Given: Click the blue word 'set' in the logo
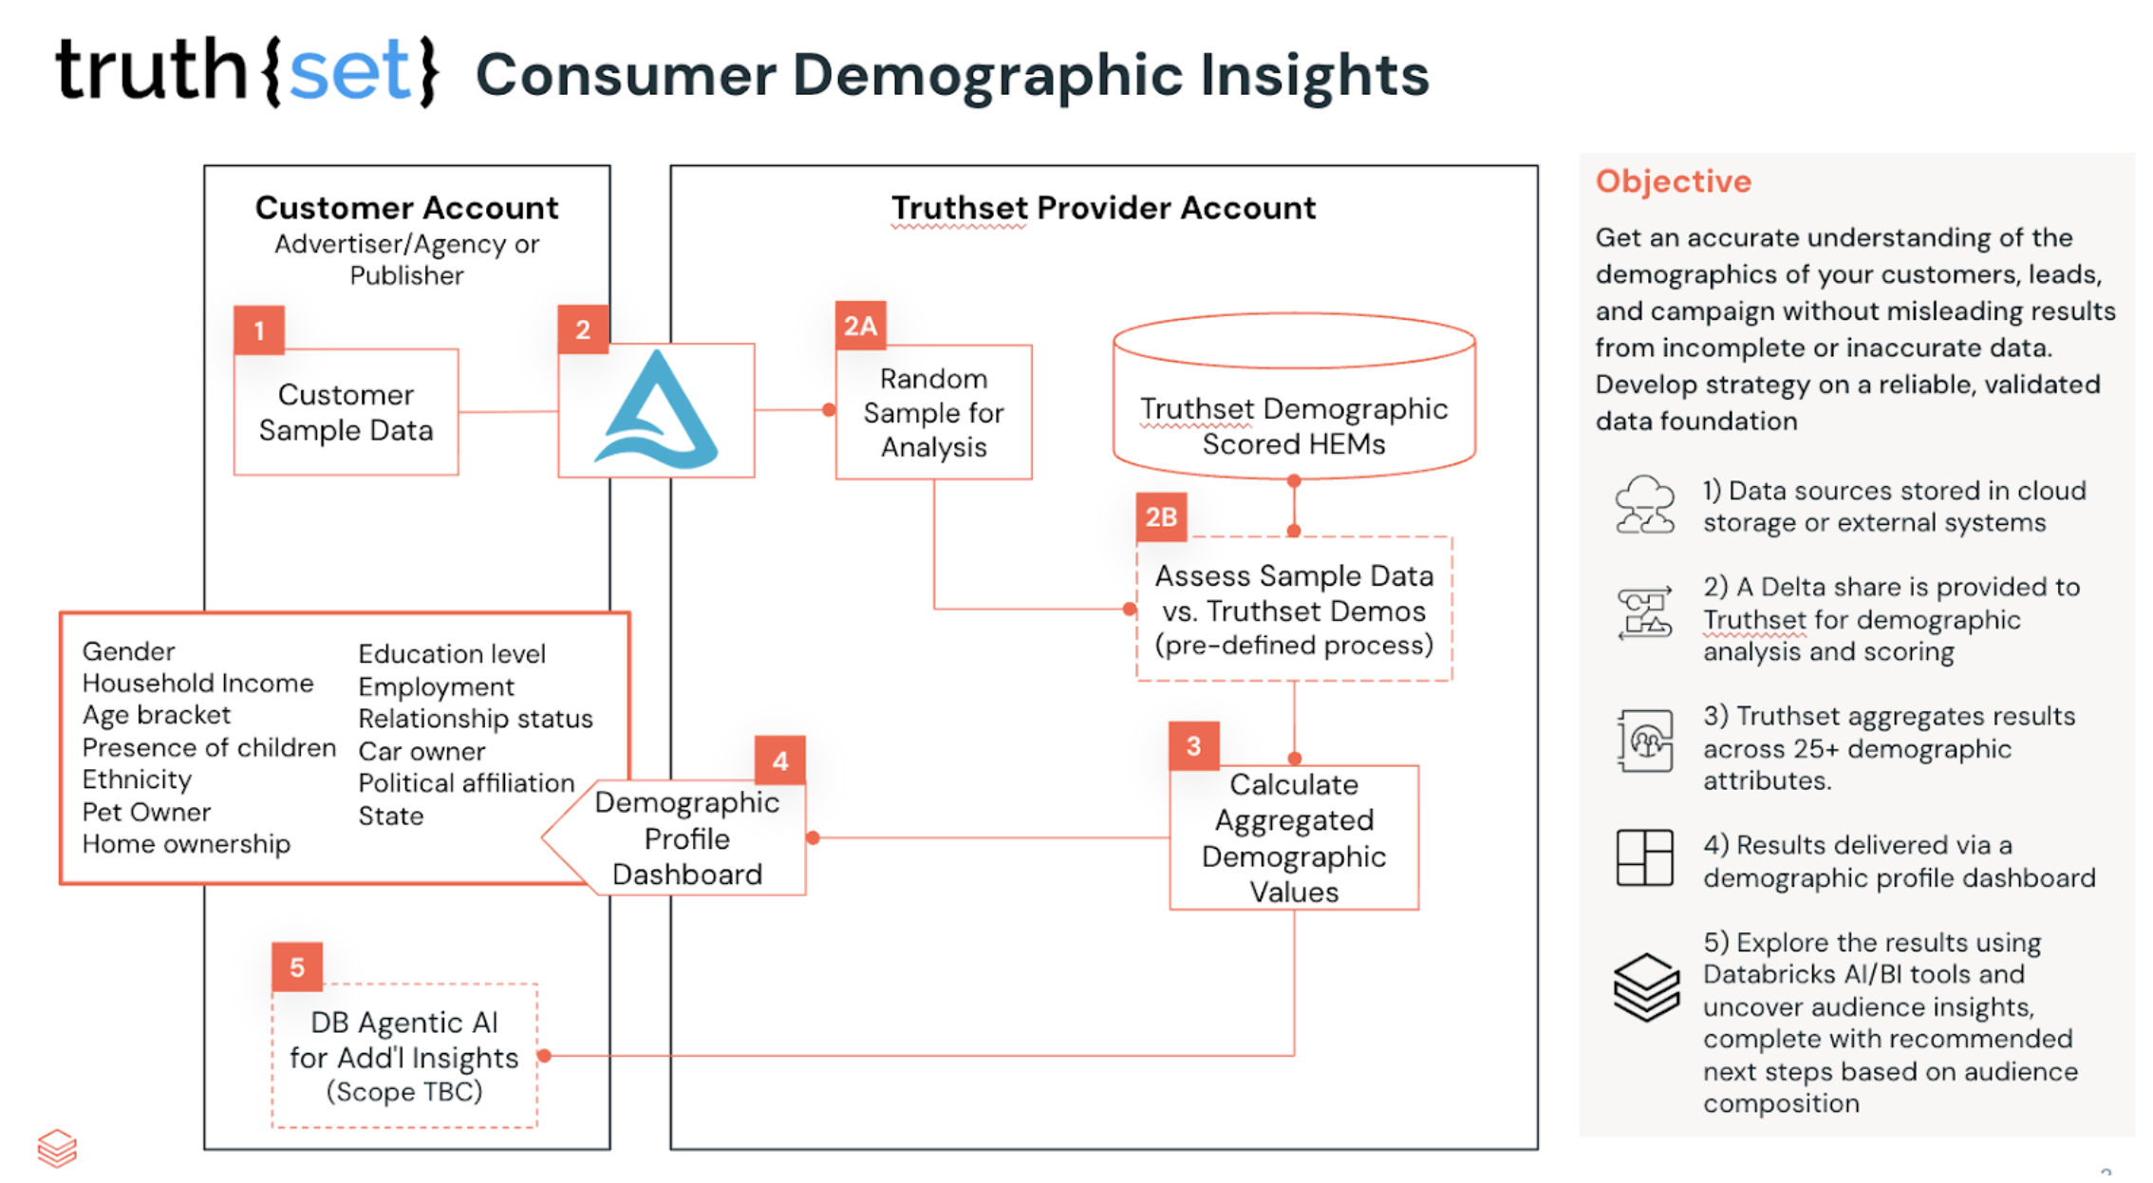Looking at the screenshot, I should pyautogui.click(x=348, y=71).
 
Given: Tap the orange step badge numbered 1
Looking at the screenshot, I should pyautogui.click(x=259, y=330).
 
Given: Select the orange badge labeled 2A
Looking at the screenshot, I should pyautogui.click(x=860, y=326).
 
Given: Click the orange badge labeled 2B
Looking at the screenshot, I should pyautogui.click(x=1161, y=516).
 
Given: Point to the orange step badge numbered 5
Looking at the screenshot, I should pyautogui.click(x=297, y=967).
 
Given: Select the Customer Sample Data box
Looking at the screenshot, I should pyautogui.click(x=346, y=412).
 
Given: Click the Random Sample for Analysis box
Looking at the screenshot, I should pyautogui.click(x=933, y=412).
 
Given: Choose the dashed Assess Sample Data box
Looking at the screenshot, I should pyautogui.click(x=1294, y=610).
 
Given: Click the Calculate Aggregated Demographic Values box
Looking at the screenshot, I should pyautogui.click(x=1294, y=837).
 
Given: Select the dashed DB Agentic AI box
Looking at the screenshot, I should pyautogui.click(x=404, y=1056).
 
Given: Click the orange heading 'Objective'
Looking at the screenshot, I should pyautogui.click(x=1673, y=180).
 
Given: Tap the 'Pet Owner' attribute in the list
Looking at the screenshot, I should pyautogui.click(x=146, y=812).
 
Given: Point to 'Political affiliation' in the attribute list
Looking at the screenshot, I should pyautogui.click(x=466, y=783).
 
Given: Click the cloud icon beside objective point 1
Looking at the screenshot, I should pyautogui.click(x=1644, y=505).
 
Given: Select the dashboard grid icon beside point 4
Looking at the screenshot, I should pyautogui.click(x=1644, y=857).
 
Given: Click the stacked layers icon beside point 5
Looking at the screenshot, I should pyautogui.click(x=1646, y=987).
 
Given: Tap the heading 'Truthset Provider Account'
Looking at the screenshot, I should pyautogui.click(x=1103, y=208).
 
